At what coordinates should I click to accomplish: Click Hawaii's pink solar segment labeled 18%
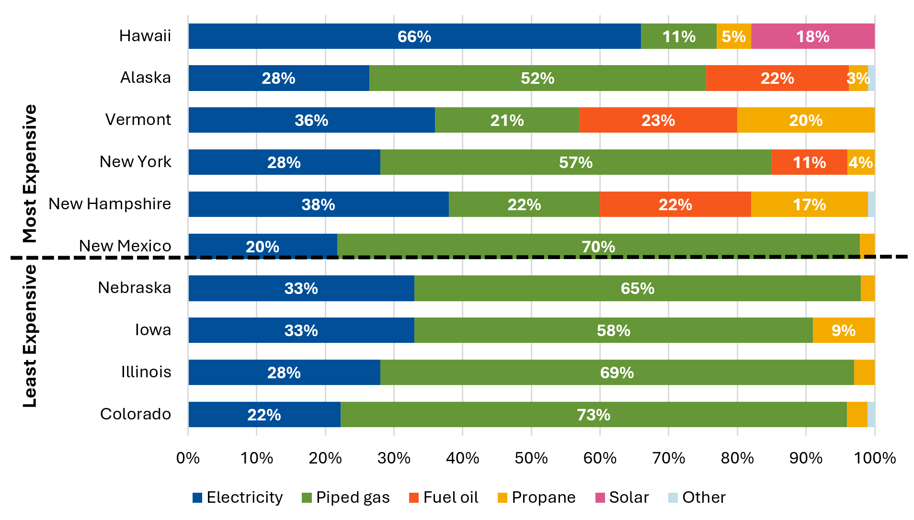pyautogui.click(x=812, y=36)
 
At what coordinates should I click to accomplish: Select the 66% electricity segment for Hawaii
pyautogui.click(x=414, y=36)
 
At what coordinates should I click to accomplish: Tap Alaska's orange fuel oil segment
pyautogui.click(x=777, y=78)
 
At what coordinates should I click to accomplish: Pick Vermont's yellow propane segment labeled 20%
pyautogui.click(x=806, y=120)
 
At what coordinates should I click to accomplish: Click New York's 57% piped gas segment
pyautogui.click(x=576, y=162)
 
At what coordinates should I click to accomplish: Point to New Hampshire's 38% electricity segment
pyautogui.click(x=318, y=204)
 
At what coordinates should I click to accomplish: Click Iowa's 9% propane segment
pyautogui.click(x=843, y=330)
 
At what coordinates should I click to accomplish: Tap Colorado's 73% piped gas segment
pyautogui.click(x=594, y=415)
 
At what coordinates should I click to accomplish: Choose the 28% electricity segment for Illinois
pyautogui.click(x=284, y=373)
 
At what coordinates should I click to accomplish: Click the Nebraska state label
pyautogui.click(x=135, y=288)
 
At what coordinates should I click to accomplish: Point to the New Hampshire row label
pyautogui.click(x=110, y=204)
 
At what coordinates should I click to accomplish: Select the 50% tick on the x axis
pyautogui.click(x=531, y=458)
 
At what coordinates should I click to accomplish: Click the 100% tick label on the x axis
pyautogui.click(x=875, y=458)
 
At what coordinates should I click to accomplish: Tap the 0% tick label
pyautogui.click(x=188, y=458)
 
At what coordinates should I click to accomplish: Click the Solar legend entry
pyautogui.click(x=622, y=497)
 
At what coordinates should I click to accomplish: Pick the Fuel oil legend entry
pyautogui.click(x=444, y=497)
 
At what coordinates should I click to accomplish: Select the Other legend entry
pyautogui.click(x=697, y=497)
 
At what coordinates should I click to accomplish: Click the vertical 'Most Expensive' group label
pyautogui.click(x=30, y=173)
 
